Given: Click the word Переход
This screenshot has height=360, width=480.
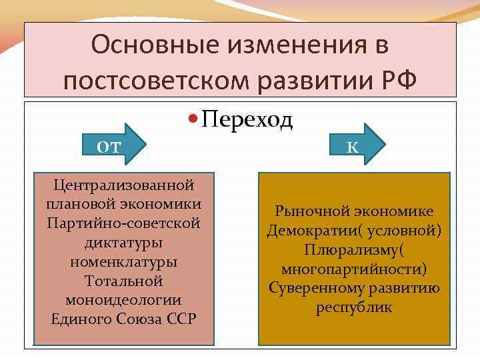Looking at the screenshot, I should pos(247,119).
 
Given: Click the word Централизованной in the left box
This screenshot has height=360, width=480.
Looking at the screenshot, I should pos(123,183).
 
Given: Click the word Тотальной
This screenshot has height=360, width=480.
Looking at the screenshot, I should pos(123,280).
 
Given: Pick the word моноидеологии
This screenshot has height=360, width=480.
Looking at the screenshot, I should pos(123,299).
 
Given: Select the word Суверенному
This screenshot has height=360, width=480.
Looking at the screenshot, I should pos(311,289).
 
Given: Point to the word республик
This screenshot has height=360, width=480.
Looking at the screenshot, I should pos(354,308).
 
